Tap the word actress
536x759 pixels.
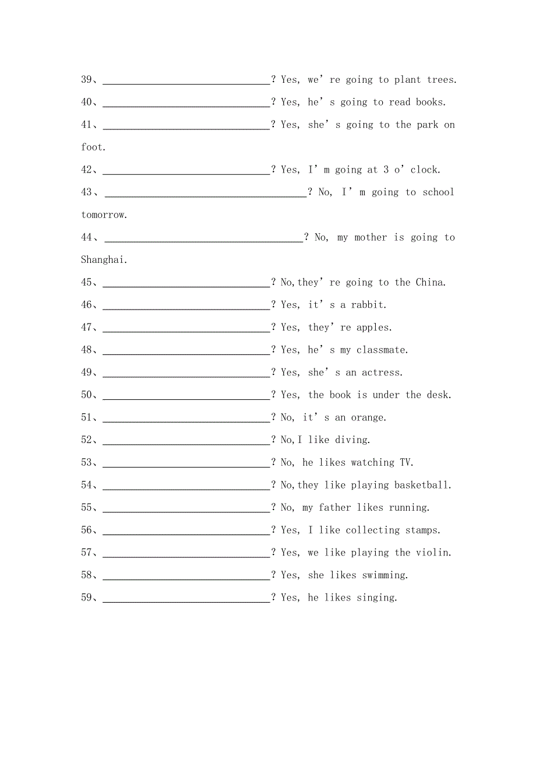coord(381,373)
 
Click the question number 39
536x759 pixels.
coord(87,80)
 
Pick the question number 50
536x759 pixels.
coord(87,395)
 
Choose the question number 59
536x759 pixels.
coord(87,598)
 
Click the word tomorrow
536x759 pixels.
coord(103,215)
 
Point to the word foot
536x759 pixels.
coord(92,147)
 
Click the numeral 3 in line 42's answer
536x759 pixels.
coord(386,170)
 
